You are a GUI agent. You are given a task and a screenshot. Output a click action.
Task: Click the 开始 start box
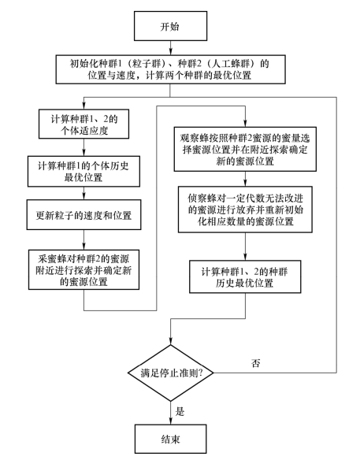click(x=170, y=26)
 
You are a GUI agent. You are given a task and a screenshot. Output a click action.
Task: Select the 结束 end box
click(x=170, y=439)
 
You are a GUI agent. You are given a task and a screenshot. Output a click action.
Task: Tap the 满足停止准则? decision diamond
click(x=170, y=373)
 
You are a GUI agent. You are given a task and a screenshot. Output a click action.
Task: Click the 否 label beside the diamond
click(x=255, y=363)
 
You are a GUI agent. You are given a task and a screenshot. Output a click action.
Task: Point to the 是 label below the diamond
click(x=180, y=411)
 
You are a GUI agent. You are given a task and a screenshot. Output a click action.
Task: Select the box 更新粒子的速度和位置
click(x=84, y=215)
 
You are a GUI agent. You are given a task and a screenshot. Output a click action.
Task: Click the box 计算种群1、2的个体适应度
click(x=84, y=124)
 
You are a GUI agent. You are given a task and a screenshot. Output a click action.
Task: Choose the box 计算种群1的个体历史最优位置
click(x=84, y=172)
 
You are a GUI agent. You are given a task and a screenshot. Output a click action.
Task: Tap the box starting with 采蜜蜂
click(x=84, y=269)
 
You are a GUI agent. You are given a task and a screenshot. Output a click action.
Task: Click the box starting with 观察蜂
click(x=245, y=149)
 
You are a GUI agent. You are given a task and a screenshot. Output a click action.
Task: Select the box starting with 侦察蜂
click(x=245, y=210)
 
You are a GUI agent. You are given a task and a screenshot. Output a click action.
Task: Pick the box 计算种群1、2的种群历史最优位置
click(x=245, y=276)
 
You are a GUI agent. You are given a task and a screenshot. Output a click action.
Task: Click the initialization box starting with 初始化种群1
click(x=170, y=69)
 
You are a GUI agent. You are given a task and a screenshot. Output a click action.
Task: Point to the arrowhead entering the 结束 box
click(x=170, y=421)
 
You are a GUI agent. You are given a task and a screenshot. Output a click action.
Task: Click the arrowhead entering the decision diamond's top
click(x=170, y=341)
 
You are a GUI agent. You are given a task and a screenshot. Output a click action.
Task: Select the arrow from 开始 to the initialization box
click(x=170, y=48)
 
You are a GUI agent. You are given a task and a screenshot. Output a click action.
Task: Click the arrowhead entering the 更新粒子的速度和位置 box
click(x=84, y=196)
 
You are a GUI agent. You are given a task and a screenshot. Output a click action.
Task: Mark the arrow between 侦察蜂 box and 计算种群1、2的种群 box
click(x=245, y=247)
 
